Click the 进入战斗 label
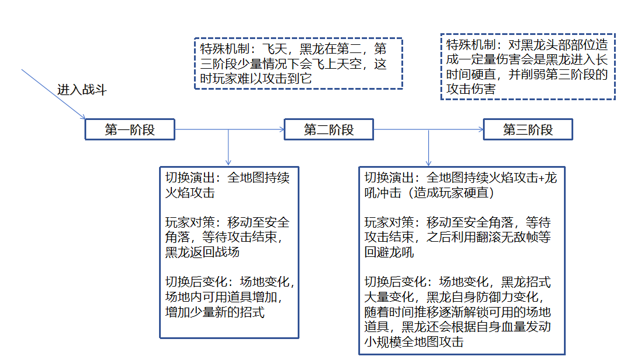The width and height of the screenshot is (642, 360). pos(82,90)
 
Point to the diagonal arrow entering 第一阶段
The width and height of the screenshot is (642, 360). pos(53,94)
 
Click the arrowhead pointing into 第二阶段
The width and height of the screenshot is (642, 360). pos(282,129)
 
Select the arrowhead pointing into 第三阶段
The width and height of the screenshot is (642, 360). pos(481,129)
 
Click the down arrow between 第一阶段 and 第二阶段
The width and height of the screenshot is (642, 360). pos(228,147)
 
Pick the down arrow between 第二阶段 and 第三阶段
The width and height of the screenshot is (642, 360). pos(428,147)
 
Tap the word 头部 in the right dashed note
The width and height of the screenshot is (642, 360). pos(558,45)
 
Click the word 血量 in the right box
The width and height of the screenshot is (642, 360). pos(513,327)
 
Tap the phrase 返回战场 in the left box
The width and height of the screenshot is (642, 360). pos(214,252)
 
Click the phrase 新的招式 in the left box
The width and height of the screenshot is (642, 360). pos(239,312)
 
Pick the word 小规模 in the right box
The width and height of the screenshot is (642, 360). pos(383,341)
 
